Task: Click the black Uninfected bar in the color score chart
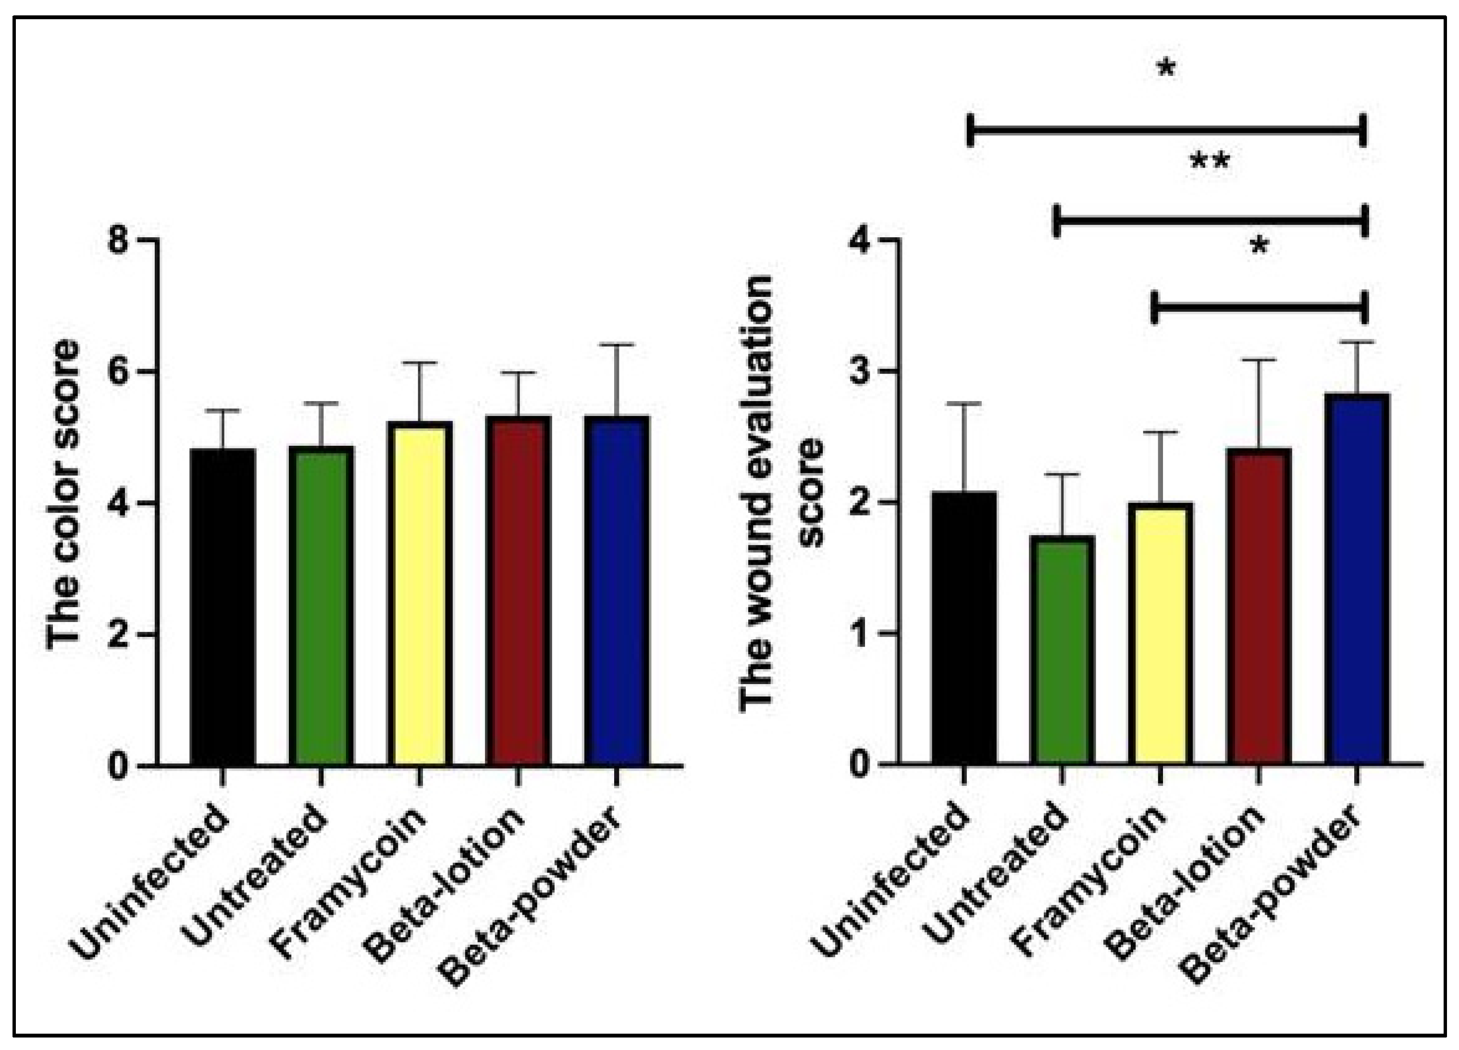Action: [223, 607]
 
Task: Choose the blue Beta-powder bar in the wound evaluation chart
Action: [1357, 579]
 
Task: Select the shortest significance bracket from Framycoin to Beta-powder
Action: [1258, 308]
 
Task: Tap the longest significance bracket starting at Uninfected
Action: [1166, 131]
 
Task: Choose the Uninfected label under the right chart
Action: [894, 887]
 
